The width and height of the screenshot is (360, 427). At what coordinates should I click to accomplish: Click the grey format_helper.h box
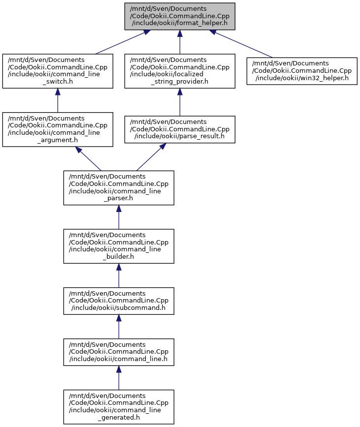coord(180,16)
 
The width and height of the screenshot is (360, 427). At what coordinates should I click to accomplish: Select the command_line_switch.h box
coord(58,71)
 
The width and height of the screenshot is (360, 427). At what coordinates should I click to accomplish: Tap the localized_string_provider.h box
coord(180,71)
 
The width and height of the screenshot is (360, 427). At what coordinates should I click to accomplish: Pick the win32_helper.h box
coord(302,71)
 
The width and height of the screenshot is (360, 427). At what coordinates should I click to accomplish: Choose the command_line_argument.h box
coord(58,129)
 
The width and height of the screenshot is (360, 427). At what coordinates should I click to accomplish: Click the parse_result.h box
coord(180,129)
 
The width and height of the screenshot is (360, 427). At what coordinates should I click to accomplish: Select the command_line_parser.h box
coord(119,188)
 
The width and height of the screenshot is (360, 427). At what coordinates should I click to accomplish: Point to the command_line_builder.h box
coord(119,246)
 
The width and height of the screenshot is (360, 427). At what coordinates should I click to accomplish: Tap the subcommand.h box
coord(119,301)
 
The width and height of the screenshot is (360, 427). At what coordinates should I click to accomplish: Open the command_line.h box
coord(119,352)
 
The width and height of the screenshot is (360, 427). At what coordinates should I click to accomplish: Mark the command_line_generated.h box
coord(119,407)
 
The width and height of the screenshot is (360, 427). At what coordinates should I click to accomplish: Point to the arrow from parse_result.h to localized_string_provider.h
coord(180,102)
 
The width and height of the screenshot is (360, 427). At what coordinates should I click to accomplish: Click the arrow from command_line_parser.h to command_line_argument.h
coord(88,159)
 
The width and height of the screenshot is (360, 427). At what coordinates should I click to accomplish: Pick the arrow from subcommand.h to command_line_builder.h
coord(119,275)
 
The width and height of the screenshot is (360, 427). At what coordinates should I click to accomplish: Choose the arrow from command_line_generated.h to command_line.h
coord(119,378)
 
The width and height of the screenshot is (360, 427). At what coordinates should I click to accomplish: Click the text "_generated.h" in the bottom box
coord(119,417)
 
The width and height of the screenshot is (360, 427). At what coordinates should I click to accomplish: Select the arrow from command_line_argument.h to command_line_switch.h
coord(58,100)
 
